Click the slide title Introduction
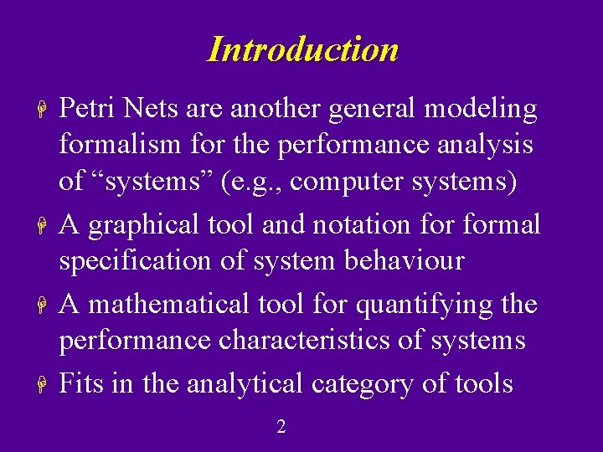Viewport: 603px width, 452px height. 302,49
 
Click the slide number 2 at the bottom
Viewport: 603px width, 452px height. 281,427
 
